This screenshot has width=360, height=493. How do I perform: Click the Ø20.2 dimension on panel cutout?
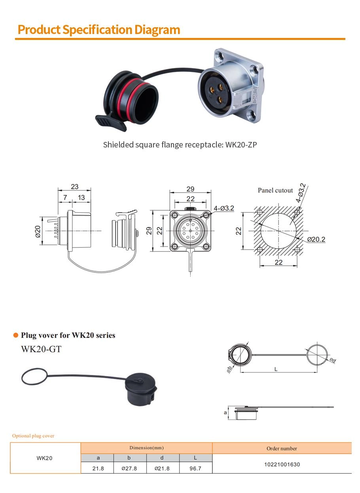(x=316, y=239)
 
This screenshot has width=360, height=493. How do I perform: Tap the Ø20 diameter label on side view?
(x=38, y=232)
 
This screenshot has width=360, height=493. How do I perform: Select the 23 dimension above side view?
(x=75, y=187)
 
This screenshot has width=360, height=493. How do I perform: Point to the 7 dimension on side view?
(x=65, y=197)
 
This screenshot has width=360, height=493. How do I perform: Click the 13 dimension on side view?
(x=81, y=197)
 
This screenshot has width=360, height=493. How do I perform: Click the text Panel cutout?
(x=275, y=191)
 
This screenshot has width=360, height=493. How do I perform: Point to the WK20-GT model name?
(x=41, y=349)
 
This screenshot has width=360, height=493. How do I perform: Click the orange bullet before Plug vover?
(x=16, y=335)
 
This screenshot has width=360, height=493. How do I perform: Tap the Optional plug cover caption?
(x=33, y=436)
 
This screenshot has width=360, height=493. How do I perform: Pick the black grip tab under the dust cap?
(x=110, y=123)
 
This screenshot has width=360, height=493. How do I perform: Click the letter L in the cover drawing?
(x=276, y=369)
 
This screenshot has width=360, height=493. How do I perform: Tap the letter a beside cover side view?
(x=225, y=413)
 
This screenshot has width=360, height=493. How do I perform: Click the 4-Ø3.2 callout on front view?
(x=224, y=208)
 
